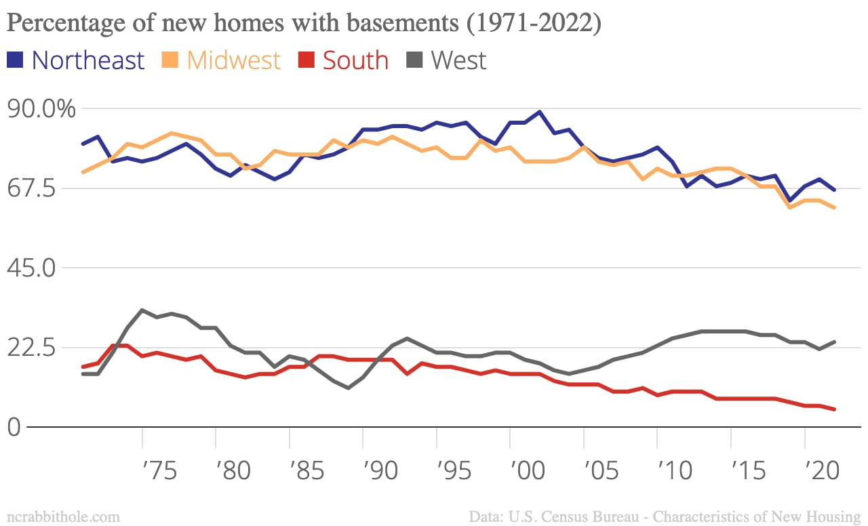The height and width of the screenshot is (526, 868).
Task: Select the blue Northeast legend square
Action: [16, 60]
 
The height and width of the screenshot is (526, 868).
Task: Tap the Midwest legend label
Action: [233, 60]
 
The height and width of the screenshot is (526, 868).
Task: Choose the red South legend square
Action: [307, 60]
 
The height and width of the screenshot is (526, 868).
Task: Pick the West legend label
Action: [458, 60]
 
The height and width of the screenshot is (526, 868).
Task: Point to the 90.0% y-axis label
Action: [41, 108]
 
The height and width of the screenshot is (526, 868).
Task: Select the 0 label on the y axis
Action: [15, 427]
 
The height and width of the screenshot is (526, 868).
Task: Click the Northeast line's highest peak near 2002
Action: [540, 112]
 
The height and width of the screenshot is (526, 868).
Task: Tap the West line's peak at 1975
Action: [142, 310]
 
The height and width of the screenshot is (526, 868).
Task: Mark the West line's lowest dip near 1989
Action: [349, 388]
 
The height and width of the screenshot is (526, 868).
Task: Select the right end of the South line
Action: [833, 409]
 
